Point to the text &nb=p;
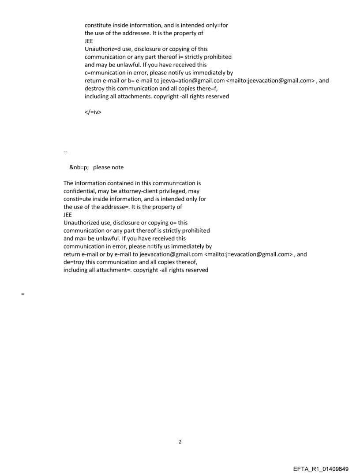click(79, 167)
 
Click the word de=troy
click(73, 262)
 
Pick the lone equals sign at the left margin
click(22, 293)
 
